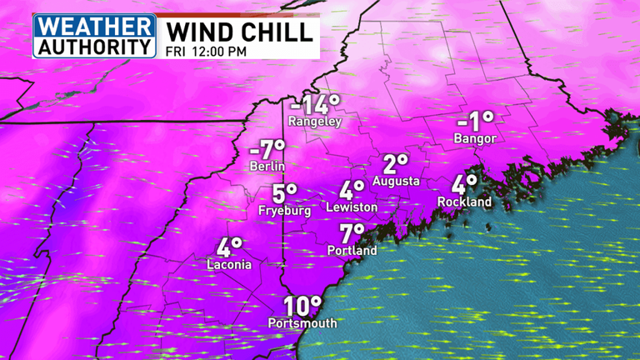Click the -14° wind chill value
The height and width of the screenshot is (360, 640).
pos(315,105)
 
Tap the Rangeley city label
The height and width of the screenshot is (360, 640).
pos(315,121)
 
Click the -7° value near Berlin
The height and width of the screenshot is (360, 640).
pos(267,150)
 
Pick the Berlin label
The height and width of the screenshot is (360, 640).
pos(267,167)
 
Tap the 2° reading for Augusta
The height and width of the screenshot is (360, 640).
pos(396,163)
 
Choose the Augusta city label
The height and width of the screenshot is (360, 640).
pos(396,181)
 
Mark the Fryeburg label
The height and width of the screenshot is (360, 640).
pos(285,211)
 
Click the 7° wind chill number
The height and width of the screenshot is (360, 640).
pos(352,233)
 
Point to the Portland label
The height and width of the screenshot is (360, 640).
pos(353,250)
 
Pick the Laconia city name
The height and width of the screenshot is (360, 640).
pos(229,265)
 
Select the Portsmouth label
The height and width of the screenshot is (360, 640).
pos(302,323)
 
